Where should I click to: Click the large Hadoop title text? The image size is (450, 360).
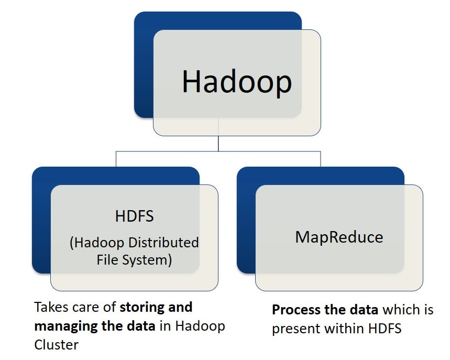click(x=236, y=82)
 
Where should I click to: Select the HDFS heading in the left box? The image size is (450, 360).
click(x=134, y=216)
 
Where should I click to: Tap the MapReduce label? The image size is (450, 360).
click(x=339, y=237)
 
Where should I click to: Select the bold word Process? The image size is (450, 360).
click(x=294, y=310)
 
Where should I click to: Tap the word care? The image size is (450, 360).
click(x=87, y=307)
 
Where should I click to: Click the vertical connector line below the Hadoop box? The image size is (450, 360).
click(x=218, y=144)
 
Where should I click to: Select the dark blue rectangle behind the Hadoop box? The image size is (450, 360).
click(x=143, y=63)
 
